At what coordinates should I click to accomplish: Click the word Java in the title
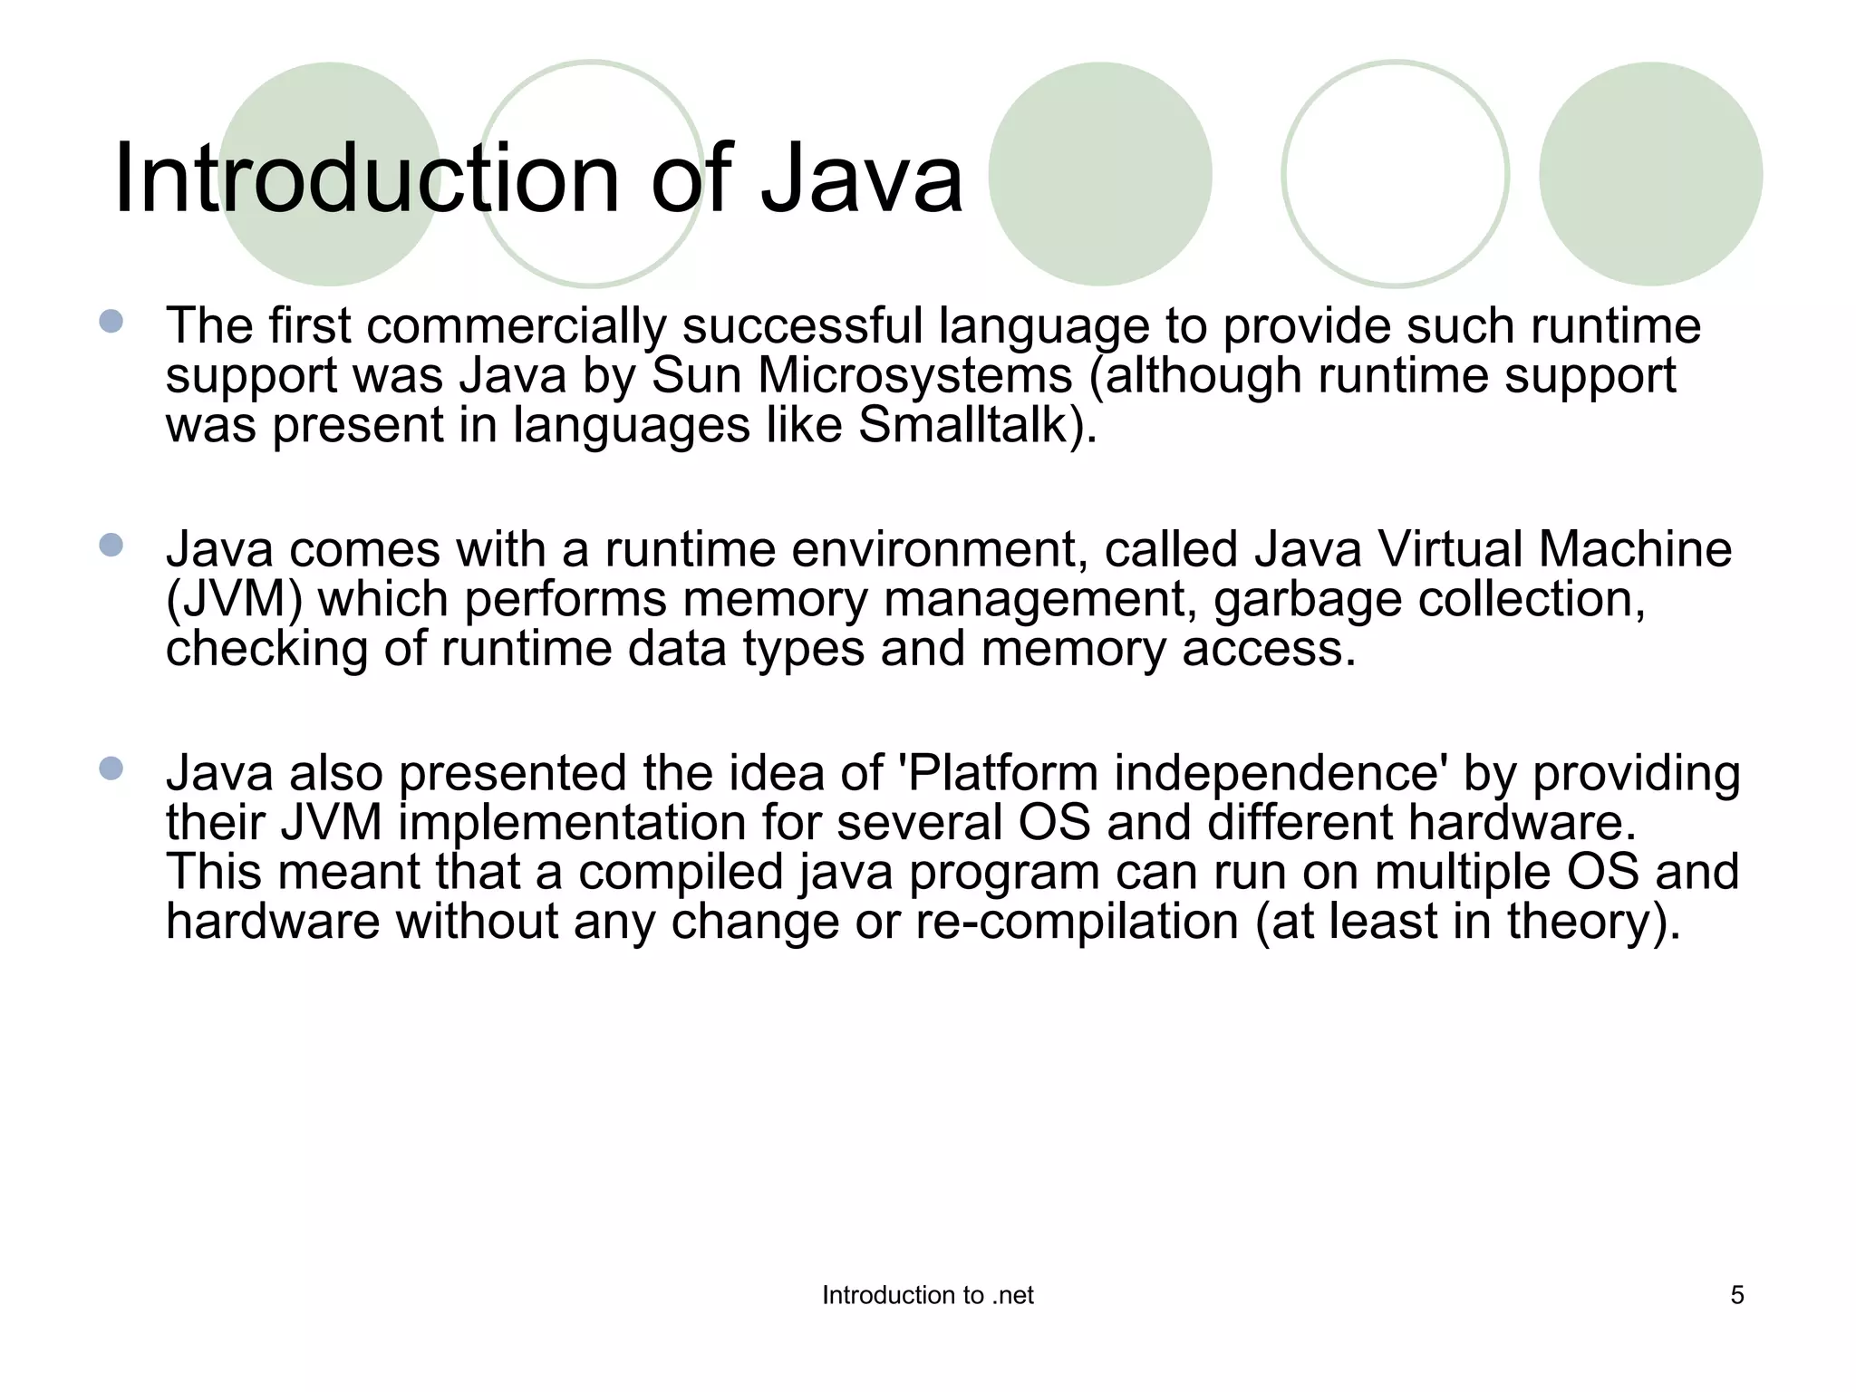click(x=861, y=179)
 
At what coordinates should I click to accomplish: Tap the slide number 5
click(x=1736, y=1295)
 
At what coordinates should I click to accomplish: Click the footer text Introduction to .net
click(x=927, y=1295)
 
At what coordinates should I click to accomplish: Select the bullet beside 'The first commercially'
click(x=111, y=321)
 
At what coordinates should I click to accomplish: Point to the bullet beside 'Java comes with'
click(x=111, y=545)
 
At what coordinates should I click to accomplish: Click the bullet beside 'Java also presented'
click(x=111, y=768)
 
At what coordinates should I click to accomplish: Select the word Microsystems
click(x=914, y=375)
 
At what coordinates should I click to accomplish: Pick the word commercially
click(x=516, y=326)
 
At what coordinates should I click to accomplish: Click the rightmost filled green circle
click(x=1650, y=174)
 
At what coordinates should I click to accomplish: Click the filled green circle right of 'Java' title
click(x=1099, y=174)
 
